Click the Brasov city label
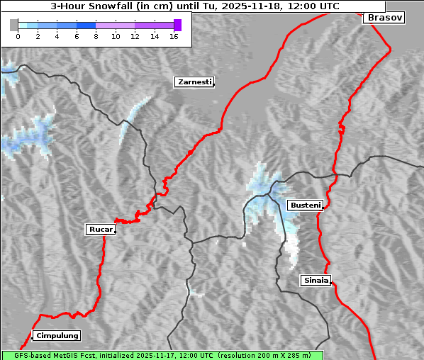384,18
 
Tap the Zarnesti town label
194,82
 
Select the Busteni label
304,205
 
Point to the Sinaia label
316,280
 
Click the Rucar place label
100,229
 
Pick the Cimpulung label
57,335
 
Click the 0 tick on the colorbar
18,35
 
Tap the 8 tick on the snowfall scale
96,35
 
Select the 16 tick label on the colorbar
174,35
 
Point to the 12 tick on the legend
135,35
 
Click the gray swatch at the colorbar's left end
14,25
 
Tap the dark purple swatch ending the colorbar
177,25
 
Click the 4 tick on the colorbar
57,35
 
